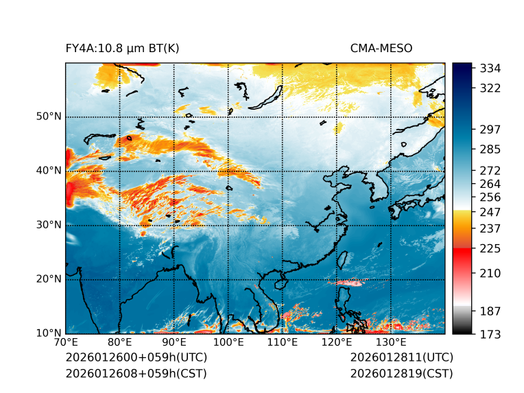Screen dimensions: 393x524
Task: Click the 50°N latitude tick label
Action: (49, 117)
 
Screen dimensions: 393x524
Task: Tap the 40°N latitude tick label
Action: (49, 171)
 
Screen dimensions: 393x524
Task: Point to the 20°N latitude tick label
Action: (49, 279)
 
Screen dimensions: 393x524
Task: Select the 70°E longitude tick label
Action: (66, 342)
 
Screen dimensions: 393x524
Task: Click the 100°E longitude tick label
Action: (228, 342)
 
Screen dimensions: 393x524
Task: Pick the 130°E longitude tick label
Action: (391, 342)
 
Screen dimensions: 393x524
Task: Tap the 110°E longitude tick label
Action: (283, 342)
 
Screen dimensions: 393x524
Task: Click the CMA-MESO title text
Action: (381, 48)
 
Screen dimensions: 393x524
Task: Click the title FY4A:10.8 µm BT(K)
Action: (122, 48)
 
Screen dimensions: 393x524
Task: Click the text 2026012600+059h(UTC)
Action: (136, 357)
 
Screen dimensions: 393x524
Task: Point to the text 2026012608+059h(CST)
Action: (136, 373)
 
